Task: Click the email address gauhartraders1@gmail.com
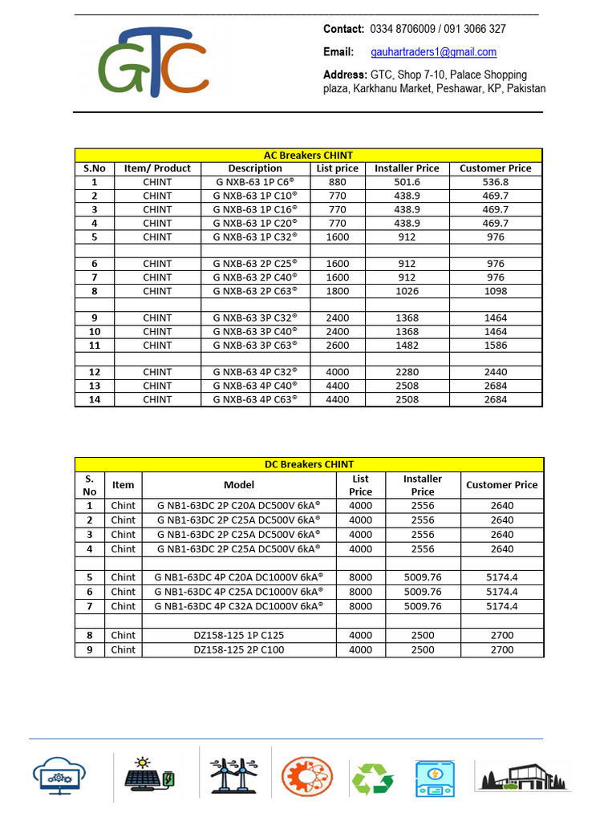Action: coord(433,52)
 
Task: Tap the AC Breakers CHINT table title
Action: coord(309,155)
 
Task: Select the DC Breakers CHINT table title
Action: coord(309,464)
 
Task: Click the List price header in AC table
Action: coord(337,168)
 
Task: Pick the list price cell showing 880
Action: coord(337,182)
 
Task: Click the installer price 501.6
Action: coord(407,182)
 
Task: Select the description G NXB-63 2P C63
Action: coord(255,291)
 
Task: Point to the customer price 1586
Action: coord(495,345)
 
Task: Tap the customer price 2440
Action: coord(495,372)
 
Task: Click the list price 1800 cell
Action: coord(337,291)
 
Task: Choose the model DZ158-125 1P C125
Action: coord(239,635)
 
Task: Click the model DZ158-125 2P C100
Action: coord(239,649)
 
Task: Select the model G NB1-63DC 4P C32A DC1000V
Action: coord(239,606)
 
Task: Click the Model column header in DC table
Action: coord(239,484)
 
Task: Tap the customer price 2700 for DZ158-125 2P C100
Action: coord(501,649)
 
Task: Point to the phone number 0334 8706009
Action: coord(403,29)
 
